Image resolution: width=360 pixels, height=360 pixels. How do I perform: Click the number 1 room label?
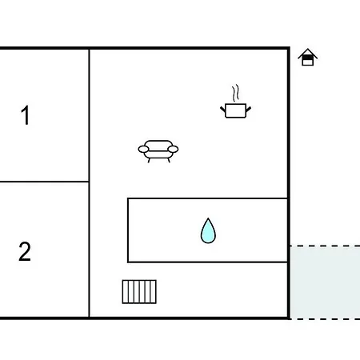pos(26,115)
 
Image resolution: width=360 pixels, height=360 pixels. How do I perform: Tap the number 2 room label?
pos(25,251)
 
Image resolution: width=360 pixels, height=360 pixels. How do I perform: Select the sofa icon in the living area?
pos(158,151)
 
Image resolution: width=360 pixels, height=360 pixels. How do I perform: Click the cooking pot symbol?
pos(235,110)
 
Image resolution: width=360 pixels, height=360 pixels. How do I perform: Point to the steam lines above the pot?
pos(235,93)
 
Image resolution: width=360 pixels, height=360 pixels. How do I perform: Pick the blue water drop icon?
pos(208,231)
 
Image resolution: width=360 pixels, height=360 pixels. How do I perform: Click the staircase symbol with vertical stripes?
pos(139,292)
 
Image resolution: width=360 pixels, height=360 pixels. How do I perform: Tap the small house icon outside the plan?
pos(308,57)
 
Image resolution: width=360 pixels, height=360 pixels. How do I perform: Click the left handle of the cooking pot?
pos(223,110)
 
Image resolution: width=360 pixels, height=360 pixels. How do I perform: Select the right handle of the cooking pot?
pos(248,110)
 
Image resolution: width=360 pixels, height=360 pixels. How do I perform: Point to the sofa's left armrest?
pos(143,150)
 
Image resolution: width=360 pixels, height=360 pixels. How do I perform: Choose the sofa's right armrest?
pos(173,150)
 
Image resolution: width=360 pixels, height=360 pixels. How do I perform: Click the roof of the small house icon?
pos(308,53)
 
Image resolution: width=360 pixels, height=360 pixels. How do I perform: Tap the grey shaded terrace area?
pos(325,282)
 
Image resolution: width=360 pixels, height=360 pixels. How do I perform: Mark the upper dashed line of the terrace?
pos(325,246)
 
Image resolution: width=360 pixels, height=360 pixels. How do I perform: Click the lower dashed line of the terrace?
pos(325,319)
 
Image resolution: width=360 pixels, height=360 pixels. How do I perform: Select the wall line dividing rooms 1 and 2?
pos(44,182)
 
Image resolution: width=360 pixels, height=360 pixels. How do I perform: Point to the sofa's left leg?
pos(149,160)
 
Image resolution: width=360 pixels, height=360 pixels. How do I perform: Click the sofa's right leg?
pos(169,160)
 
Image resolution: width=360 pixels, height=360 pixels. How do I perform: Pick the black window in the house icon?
pos(308,58)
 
